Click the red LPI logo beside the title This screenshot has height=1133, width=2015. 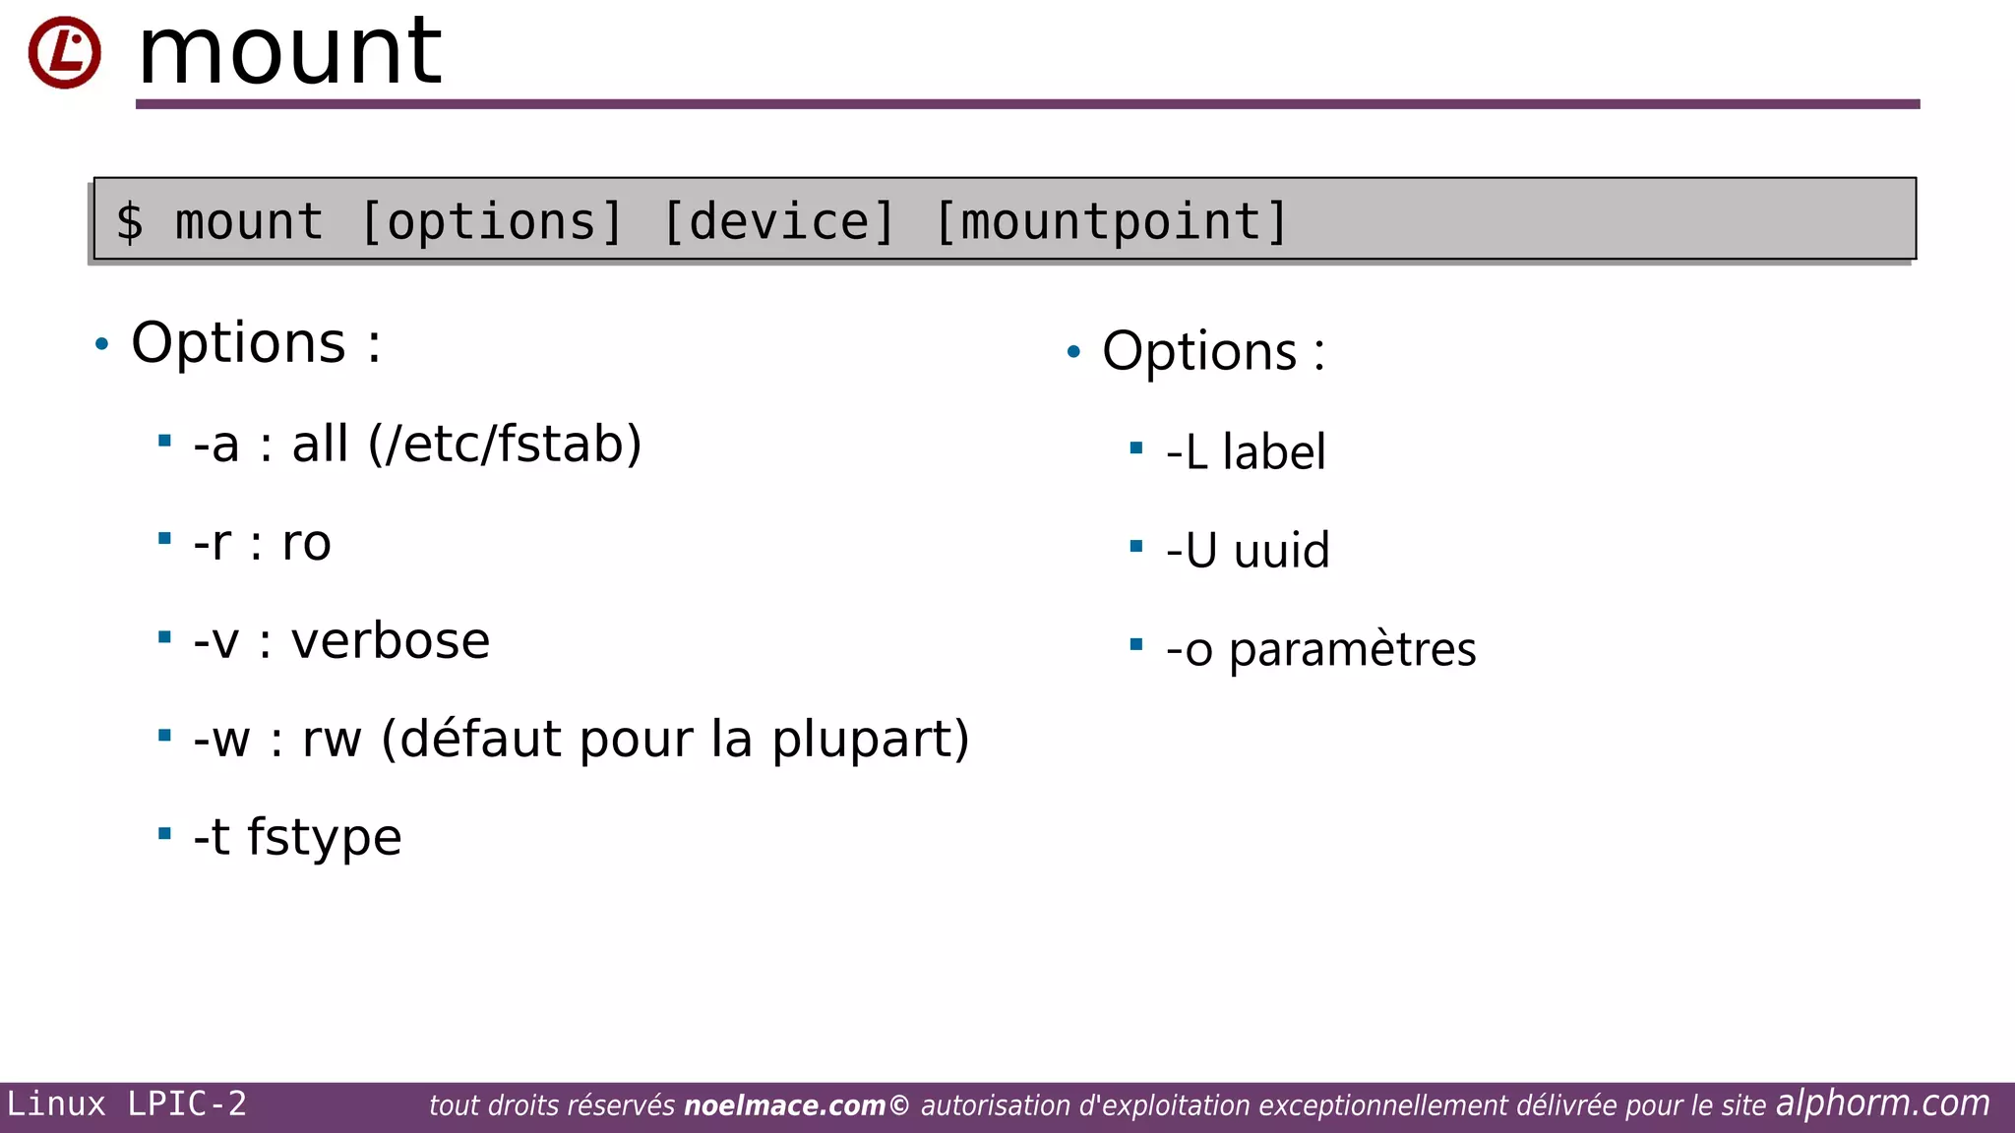(x=64, y=52)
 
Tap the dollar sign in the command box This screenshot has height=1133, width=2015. (x=130, y=221)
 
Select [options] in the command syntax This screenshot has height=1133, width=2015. (x=492, y=221)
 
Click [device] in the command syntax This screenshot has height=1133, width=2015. (x=779, y=221)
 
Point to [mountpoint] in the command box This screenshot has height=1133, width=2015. (x=1111, y=221)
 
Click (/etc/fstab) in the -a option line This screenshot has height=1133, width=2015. (x=505, y=444)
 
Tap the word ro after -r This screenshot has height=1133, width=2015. (x=306, y=543)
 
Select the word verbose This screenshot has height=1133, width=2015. (x=391, y=641)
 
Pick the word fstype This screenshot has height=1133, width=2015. (x=324, y=838)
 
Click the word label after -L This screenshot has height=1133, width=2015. (x=1274, y=452)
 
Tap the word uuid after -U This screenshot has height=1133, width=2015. (x=1281, y=551)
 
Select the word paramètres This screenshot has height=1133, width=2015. (x=1352, y=650)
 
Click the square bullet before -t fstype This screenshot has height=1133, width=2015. (x=164, y=834)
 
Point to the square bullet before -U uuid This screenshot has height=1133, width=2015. (x=1136, y=546)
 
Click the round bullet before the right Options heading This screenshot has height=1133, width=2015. (x=1073, y=351)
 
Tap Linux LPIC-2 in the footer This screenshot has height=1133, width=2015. (x=127, y=1104)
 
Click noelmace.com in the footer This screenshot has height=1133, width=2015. (x=784, y=1106)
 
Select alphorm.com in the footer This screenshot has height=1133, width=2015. (x=1882, y=1103)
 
